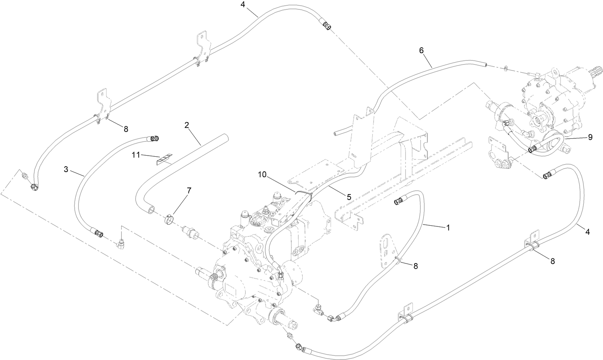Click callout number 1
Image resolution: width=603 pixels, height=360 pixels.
click(x=448, y=228)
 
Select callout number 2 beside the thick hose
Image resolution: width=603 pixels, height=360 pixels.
click(x=187, y=125)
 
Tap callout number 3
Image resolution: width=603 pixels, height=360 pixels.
click(x=66, y=169)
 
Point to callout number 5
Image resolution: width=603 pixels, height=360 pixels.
click(x=349, y=197)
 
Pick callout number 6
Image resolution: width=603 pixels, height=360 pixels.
click(x=422, y=50)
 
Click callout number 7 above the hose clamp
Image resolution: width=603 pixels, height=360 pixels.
click(x=189, y=190)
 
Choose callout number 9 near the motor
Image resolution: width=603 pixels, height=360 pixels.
click(x=590, y=137)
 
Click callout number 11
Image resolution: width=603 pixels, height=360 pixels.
click(x=136, y=155)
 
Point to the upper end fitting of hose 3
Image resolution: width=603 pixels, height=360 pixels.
click(x=154, y=138)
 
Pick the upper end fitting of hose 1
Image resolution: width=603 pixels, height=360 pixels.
click(x=399, y=201)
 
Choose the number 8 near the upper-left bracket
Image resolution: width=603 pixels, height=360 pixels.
click(x=126, y=129)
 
